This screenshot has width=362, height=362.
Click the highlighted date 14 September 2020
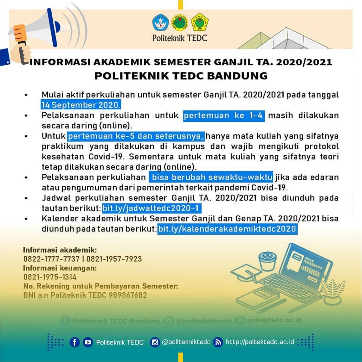point(81,105)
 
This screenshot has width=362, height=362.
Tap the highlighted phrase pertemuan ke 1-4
point(224,116)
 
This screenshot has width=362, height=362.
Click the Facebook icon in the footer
point(75,342)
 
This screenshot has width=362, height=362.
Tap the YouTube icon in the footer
point(88,342)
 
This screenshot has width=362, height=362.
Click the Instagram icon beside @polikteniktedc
point(154,342)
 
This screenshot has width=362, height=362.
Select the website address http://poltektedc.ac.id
point(260,342)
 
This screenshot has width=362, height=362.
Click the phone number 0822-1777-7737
point(52,259)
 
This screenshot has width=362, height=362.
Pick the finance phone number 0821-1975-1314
point(50,277)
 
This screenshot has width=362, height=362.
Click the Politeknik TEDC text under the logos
point(180,37)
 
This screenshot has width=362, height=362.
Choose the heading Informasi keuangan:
point(60,268)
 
